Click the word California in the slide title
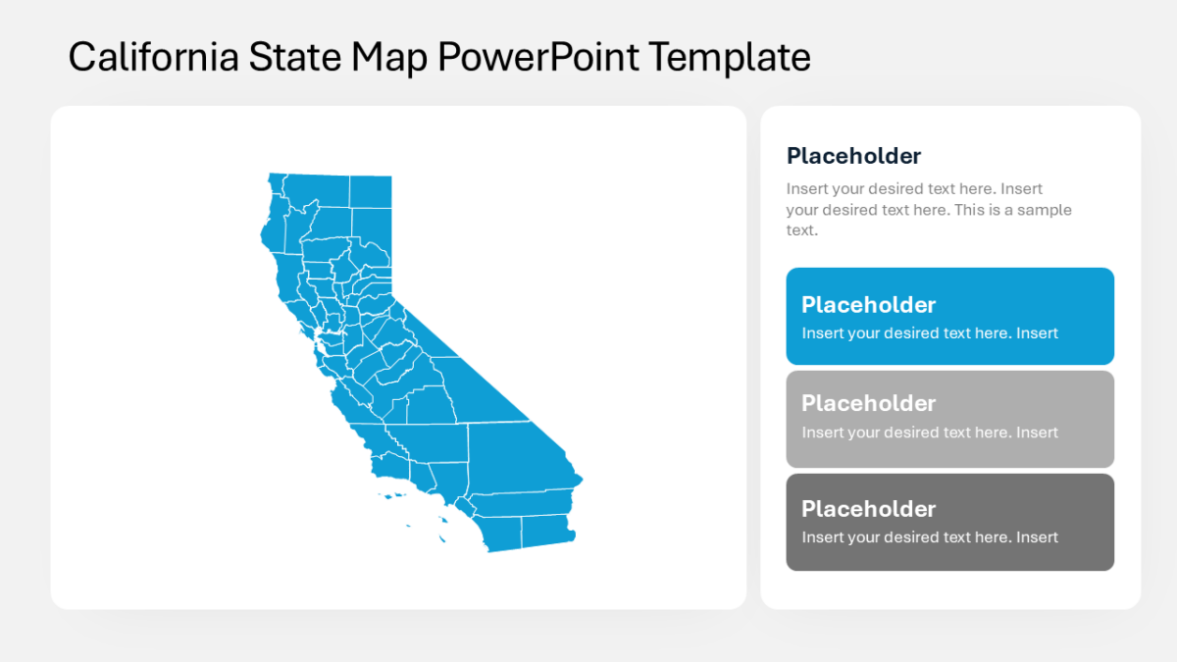click(154, 57)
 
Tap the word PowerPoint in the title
click(539, 57)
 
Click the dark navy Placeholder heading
click(853, 156)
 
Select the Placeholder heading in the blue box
click(868, 304)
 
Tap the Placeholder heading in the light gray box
click(868, 403)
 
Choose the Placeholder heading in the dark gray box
click(868, 508)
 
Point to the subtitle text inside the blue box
click(930, 333)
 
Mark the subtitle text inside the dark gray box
click(930, 537)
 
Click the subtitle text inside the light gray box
click(930, 433)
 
